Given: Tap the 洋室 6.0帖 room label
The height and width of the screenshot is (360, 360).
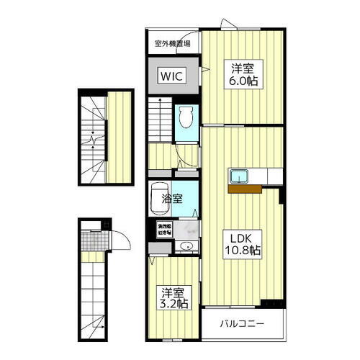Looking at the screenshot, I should click(243, 75).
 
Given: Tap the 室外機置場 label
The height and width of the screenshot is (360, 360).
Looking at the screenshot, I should click(172, 43).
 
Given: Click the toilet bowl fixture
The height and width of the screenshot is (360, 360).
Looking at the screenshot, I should click(185, 114).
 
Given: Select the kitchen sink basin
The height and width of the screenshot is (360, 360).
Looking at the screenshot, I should click(239, 176).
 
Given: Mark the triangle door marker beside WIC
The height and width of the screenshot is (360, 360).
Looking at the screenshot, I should click(205, 70).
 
